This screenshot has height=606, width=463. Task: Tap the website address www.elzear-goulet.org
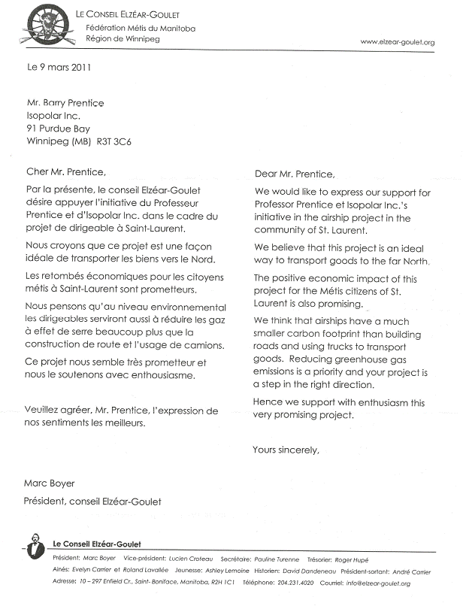point(398,42)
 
